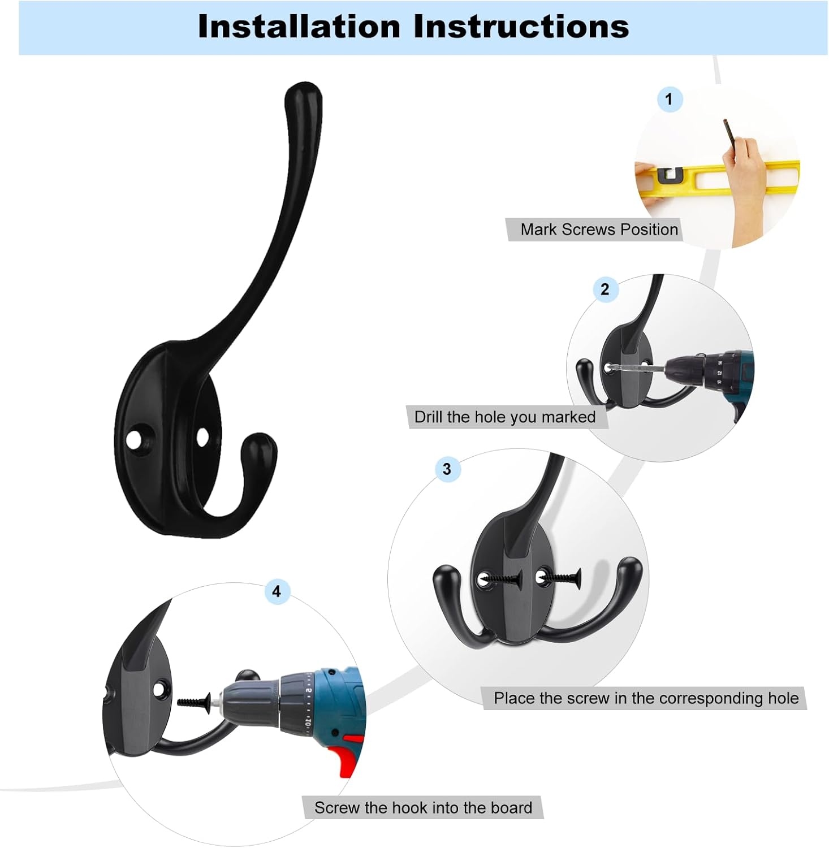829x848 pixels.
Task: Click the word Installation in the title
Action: click(299, 27)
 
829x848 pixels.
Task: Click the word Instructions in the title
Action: click(521, 27)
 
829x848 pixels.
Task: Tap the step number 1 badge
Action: click(670, 99)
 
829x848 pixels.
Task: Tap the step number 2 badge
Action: click(605, 289)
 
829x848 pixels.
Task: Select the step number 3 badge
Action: click(447, 469)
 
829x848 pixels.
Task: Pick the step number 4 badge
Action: click(277, 592)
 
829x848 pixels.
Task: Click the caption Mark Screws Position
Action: click(599, 230)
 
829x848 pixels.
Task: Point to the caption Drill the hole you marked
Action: click(505, 417)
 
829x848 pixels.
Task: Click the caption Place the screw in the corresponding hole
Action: click(646, 698)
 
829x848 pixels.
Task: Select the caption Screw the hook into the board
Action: click(423, 807)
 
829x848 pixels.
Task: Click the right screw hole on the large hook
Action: click(202, 437)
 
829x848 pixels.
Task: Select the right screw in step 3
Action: click(560, 578)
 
